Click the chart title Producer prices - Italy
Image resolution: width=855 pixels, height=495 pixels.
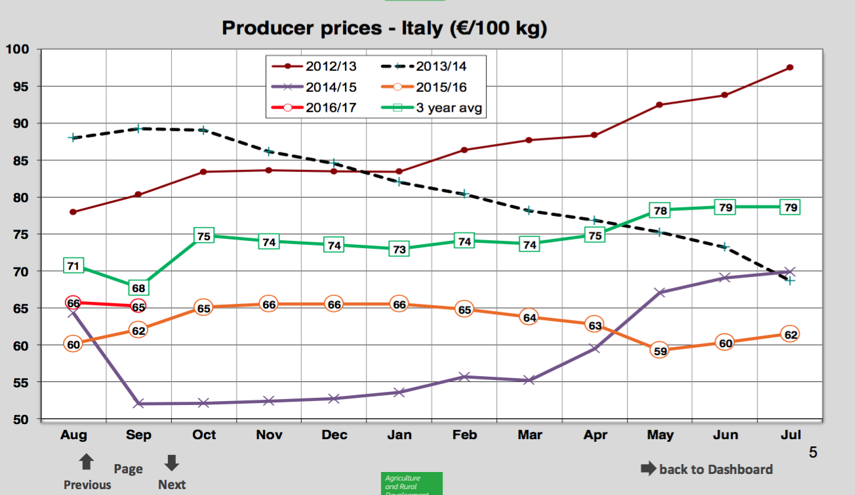coord(384,28)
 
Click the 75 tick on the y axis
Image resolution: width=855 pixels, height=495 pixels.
coord(22,234)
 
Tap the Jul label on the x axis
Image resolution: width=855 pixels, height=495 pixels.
coord(789,435)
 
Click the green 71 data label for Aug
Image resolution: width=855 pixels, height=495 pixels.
coord(73,266)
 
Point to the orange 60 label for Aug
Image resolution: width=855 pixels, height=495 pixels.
coord(73,344)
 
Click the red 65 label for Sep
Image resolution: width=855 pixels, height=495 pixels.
coord(138,307)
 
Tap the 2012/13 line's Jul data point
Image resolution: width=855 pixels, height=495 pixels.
coord(789,68)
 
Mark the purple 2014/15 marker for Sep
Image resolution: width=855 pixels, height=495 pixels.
coord(138,404)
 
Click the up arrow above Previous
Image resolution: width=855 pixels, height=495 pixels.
coord(86,463)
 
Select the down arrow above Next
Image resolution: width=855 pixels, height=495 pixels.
coord(172,463)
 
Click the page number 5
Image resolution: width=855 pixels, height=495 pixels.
coord(813,452)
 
